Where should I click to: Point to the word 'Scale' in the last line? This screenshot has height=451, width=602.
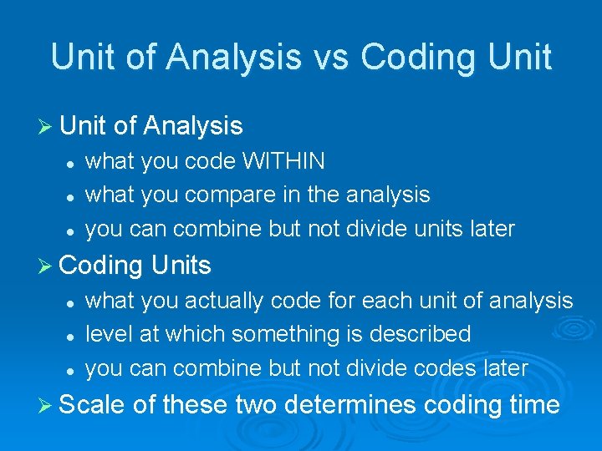click(x=93, y=405)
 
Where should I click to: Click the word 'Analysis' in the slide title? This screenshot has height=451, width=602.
click(x=233, y=57)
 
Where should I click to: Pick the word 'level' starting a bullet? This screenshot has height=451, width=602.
click(x=105, y=334)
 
